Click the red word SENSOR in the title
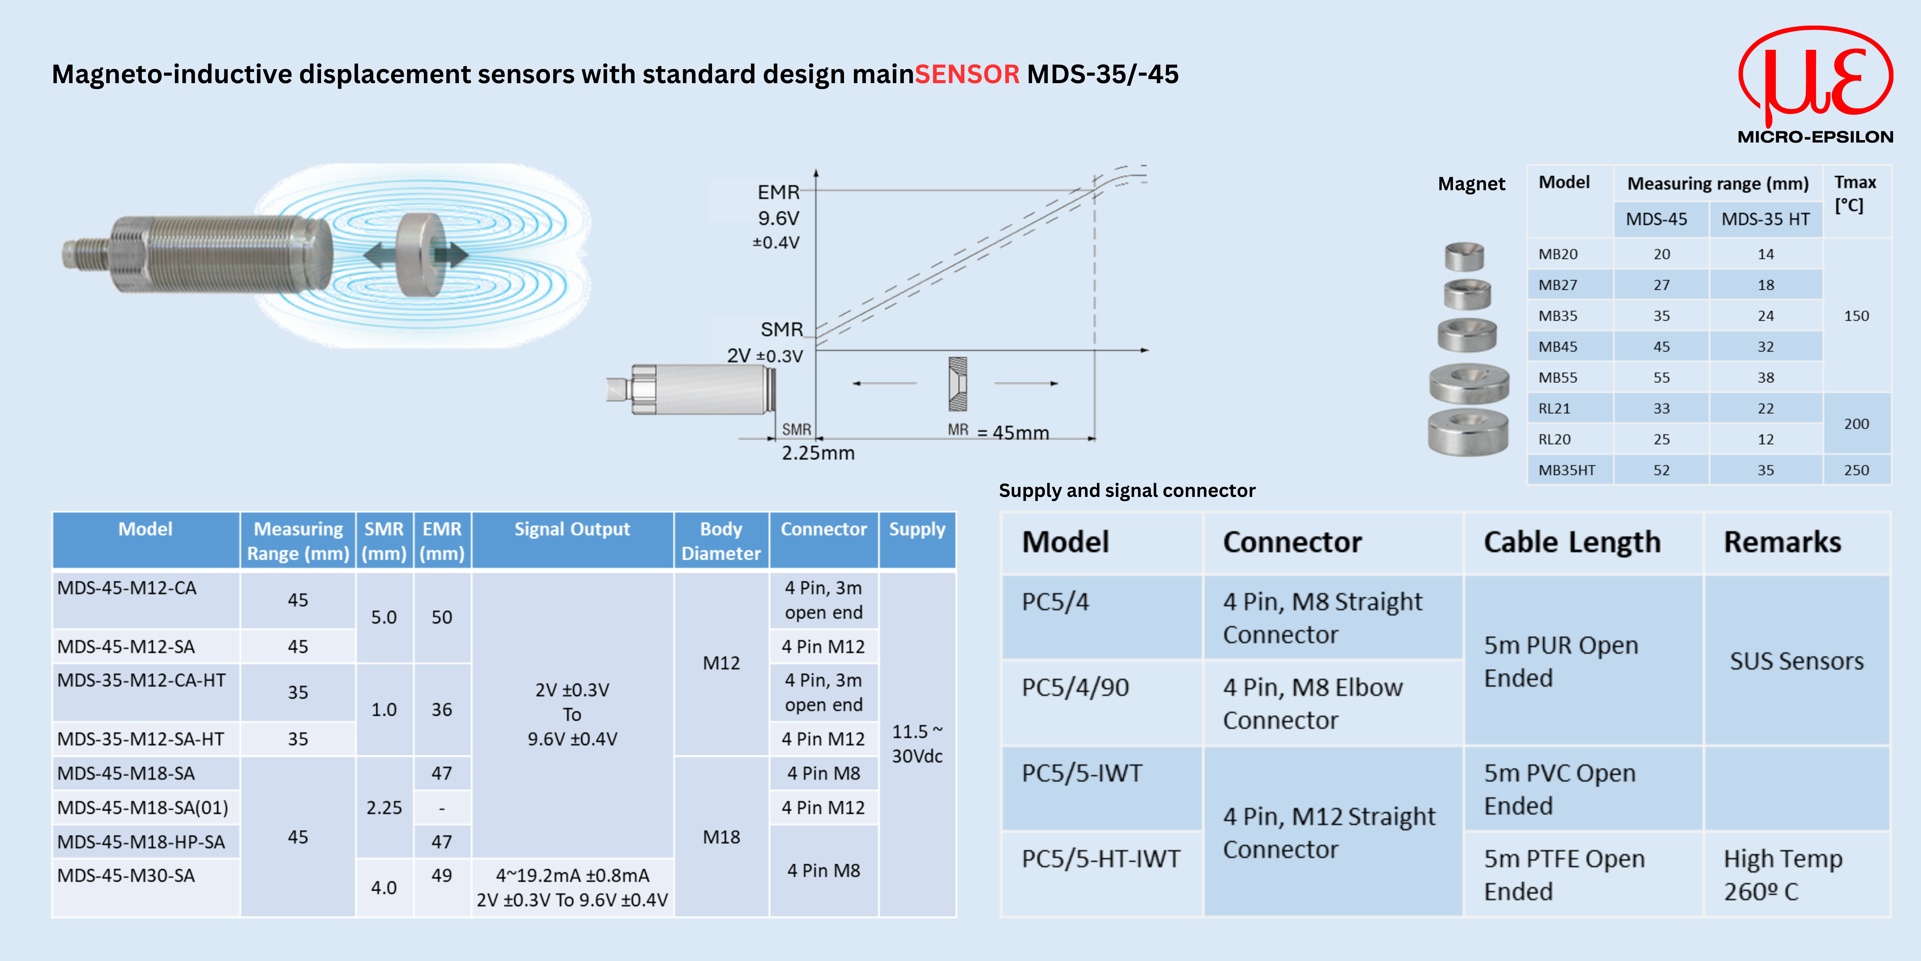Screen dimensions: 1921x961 click(x=966, y=74)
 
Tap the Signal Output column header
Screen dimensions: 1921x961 click(x=572, y=529)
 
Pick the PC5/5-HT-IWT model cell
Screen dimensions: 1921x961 click(x=1101, y=859)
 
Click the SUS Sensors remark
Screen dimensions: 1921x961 click(x=1796, y=661)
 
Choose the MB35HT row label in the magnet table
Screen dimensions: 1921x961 click(x=1567, y=470)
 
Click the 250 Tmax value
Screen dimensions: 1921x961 click(x=1856, y=470)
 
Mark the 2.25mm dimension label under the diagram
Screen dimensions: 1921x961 click(x=818, y=453)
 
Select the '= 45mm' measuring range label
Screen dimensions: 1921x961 click(x=1013, y=433)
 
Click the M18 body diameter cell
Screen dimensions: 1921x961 click(x=721, y=837)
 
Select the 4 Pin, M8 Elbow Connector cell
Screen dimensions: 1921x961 click(x=1312, y=704)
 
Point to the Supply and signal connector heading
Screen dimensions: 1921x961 click(x=1127, y=490)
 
